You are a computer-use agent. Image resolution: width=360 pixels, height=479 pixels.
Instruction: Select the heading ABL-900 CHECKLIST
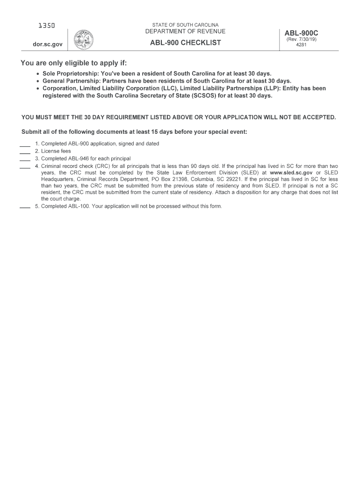(185, 44)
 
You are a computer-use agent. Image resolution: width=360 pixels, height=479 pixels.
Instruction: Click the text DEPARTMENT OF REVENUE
(185, 32)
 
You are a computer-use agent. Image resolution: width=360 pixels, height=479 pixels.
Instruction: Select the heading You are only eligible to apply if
(73, 63)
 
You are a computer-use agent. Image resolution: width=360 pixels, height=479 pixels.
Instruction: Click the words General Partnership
(71, 81)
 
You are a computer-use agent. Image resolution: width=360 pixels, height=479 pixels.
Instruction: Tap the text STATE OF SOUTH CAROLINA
(185, 25)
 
